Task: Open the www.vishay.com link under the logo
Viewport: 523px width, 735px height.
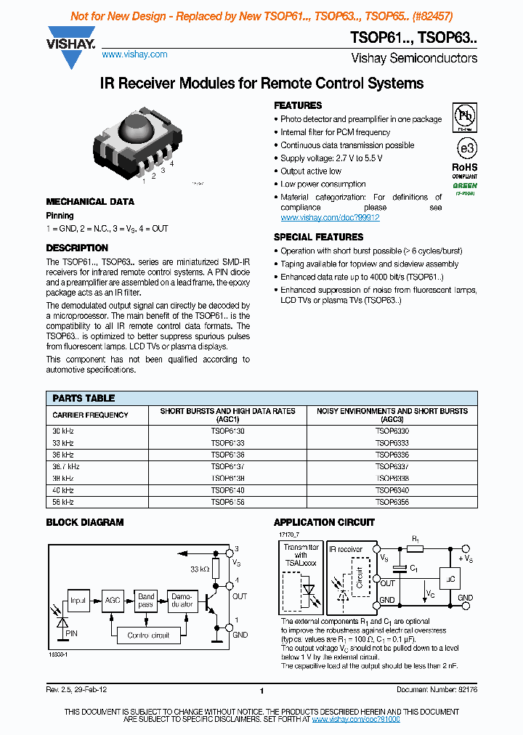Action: (134, 54)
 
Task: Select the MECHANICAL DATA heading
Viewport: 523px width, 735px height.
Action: (90, 202)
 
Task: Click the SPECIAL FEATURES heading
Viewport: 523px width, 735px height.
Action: (318, 237)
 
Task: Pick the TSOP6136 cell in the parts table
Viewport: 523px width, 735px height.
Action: (227, 455)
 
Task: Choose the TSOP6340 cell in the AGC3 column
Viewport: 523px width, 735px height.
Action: (392, 490)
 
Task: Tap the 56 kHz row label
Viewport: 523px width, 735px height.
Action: (63, 502)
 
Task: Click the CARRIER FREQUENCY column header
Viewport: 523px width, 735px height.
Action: (90, 415)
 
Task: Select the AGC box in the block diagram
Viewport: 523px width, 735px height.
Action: (113, 601)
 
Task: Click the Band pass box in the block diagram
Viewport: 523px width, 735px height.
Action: (147, 601)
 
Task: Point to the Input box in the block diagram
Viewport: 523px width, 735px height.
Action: (78, 601)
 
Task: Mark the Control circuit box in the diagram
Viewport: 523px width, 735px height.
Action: (147, 635)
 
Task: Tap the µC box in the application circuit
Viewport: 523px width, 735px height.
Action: (450, 578)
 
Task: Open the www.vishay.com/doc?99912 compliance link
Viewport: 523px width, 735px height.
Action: (330, 217)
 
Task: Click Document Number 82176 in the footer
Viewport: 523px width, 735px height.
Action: (437, 689)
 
